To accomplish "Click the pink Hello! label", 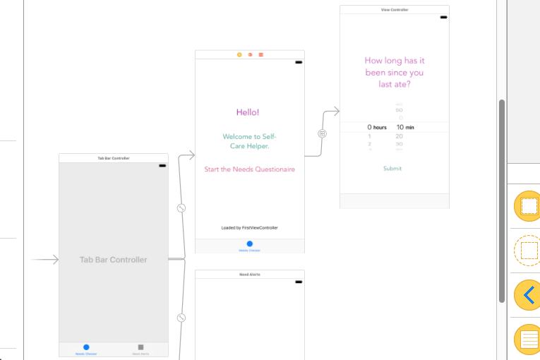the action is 248,112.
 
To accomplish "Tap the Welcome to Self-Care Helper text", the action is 249,141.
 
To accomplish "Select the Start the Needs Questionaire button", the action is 249,169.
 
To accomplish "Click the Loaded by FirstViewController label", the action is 249,228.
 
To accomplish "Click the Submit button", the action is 392,169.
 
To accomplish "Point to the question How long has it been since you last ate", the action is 395,73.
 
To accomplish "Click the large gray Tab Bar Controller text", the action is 114,260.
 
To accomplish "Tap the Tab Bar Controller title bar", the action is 114,158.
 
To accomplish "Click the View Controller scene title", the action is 395,10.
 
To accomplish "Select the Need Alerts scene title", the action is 249,274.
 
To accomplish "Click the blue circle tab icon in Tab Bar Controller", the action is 86,347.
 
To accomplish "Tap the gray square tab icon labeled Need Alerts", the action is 140,347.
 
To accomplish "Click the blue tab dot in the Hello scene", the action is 249,244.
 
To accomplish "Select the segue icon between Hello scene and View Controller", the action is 322,133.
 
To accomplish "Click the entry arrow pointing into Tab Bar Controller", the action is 45,260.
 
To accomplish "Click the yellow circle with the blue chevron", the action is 526,294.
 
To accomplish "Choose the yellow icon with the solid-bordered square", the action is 527,206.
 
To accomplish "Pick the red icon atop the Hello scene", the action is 260,54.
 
